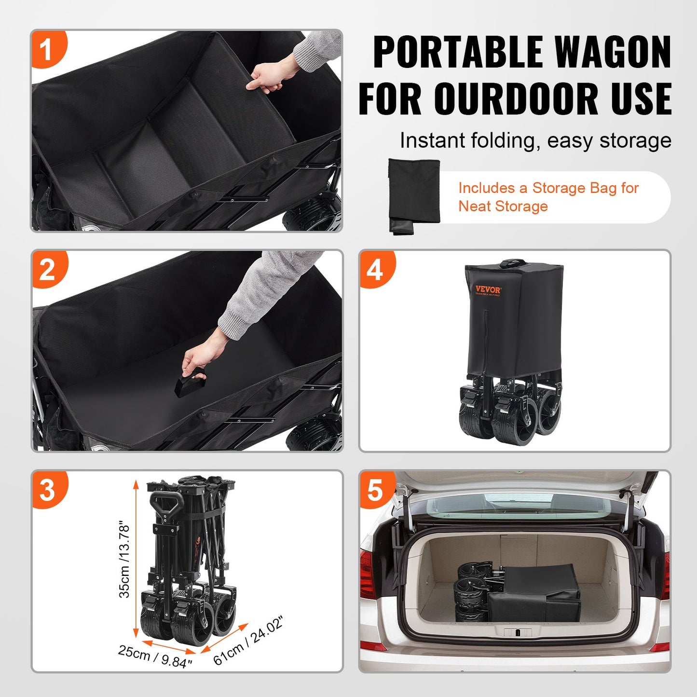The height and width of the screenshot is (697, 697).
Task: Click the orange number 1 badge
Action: point(47,50)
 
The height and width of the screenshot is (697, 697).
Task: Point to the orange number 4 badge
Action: point(375,270)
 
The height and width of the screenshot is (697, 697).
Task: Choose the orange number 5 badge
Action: point(375,490)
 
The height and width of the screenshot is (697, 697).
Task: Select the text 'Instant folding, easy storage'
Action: point(535,141)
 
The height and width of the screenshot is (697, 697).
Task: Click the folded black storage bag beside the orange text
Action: point(414,195)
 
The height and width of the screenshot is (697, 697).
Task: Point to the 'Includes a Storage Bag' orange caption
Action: point(548,197)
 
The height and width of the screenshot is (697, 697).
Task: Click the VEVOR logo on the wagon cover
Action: point(488,290)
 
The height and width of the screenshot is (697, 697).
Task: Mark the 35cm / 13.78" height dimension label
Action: point(124,560)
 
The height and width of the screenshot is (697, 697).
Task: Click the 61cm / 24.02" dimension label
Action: point(248,641)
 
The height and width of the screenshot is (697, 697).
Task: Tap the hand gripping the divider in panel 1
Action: point(265,78)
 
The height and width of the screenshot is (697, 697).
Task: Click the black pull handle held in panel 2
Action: point(189,383)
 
